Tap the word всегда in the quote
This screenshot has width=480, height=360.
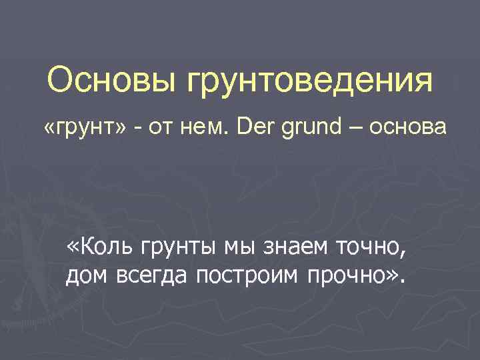click(146, 275)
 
